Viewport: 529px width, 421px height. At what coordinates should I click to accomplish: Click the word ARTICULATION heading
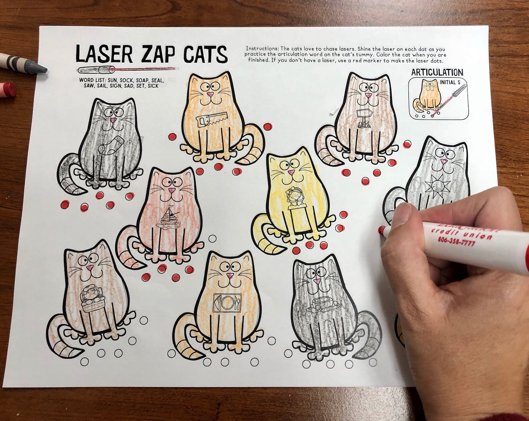pyautogui.click(x=437, y=72)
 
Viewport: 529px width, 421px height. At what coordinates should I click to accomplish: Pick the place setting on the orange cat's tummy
pyautogui.click(x=227, y=303)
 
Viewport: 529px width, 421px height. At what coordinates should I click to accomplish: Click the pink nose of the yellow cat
pyautogui.click(x=291, y=172)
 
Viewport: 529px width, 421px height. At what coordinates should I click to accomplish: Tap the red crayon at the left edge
pyautogui.click(x=7, y=90)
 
